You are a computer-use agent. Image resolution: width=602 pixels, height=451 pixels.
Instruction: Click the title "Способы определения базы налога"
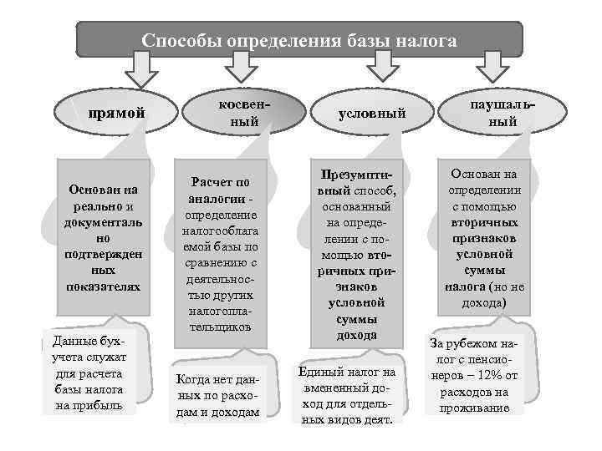[x=299, y=40]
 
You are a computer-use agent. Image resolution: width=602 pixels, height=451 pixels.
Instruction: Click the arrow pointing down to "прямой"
[x=141, y=70]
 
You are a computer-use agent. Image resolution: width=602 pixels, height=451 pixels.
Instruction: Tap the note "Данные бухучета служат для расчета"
[x=88, y=373]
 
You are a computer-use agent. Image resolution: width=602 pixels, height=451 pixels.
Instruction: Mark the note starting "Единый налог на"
[x=348, y=395]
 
